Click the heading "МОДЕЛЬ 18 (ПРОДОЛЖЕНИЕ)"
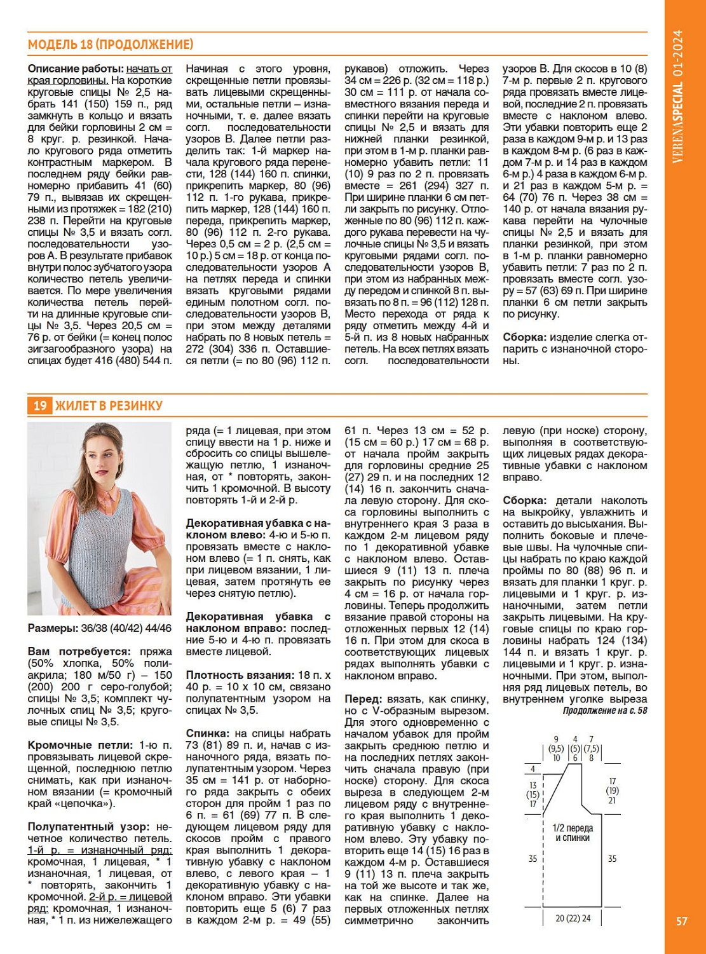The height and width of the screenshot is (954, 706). pyautogui.click(x=111, y=44)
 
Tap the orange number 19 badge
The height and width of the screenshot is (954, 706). pyautogui.click(x=39, y=405)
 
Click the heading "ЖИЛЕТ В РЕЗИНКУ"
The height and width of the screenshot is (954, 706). pyautogui.click(x=109, y=405)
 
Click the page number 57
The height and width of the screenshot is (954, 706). pyautogui.click(x=681, y=921)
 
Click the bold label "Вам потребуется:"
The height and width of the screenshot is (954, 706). pyautogui.click(x=79, y=652)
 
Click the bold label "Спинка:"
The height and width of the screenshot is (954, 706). pyautogui.click(x=207, y=733)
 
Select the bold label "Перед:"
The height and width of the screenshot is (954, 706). pyautogui.click(x=363, y=698)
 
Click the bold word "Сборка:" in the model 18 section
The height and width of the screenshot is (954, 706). pyautogui.click(x=524, y=337)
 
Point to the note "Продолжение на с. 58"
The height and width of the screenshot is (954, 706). pyautogui.click(x=604, y=711)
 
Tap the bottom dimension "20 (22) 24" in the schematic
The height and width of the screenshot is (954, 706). pyautogui.click(x=573, y=918)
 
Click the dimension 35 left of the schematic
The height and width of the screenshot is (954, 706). pyautogui.click(x=533, y=859)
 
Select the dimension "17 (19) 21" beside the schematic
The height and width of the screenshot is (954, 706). pyautogui.click(x=612, y=791)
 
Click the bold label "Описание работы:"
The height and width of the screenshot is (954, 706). pyautogui.click(x=76, y=69)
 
